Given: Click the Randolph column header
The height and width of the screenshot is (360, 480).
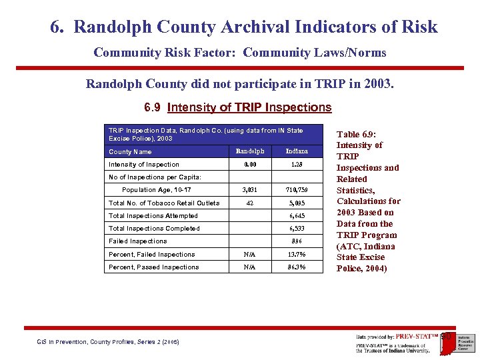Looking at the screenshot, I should (x=249, y=151).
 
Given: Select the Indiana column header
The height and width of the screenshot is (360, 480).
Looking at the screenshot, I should (x=297, y=151).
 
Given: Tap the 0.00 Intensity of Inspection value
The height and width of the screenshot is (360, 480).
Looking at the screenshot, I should (x=249, y=165).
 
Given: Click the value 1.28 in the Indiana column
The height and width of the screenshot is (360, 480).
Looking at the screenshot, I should (x=297, y=165).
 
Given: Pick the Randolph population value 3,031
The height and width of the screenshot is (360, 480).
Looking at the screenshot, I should (x=249, y=190).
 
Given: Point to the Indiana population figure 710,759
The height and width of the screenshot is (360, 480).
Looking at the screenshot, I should (x=297, y=190).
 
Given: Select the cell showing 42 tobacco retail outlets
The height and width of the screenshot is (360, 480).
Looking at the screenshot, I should (x=249, y=203).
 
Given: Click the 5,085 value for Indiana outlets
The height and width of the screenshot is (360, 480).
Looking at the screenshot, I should (x=297, y=203).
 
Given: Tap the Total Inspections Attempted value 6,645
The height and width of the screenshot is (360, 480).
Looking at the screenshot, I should (x=297, y=216).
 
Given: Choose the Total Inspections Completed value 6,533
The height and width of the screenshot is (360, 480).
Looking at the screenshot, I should (x=297, y=229).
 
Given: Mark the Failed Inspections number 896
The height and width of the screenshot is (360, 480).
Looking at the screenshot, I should (x=297, y=241).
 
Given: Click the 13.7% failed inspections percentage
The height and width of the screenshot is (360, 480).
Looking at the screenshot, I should (x=297, y=255).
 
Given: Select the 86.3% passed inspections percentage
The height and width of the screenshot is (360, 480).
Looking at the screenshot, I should (x=297, y=267).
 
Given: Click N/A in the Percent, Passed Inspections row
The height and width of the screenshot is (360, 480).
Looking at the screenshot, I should (x=249, y=267).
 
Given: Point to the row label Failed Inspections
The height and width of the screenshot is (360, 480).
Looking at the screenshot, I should (x=138, y=241).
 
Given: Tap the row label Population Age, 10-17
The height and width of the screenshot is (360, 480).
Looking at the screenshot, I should (x=156, y=190).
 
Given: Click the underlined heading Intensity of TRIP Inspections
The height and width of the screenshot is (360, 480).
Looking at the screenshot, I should (x=249, y=107).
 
